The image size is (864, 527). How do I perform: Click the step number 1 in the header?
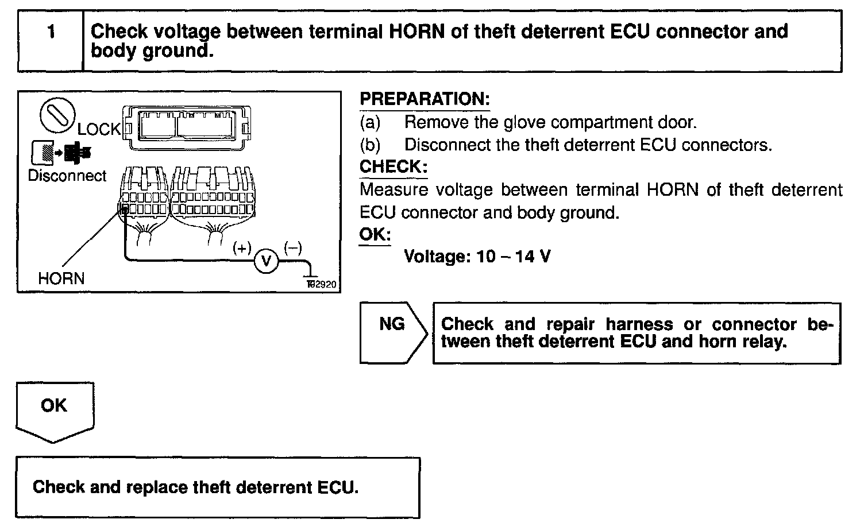pos(51,32)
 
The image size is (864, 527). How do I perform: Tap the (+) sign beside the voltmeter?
pos(242,248)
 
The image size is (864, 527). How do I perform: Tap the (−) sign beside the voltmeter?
pos(292,248)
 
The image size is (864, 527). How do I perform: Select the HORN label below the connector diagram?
pos(61,279)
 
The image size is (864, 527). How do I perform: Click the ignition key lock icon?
pos(57,114)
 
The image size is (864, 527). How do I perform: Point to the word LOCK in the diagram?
pos(99,130)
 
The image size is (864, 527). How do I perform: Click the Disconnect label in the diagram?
pos(67,176)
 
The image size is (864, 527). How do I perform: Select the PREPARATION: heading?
pos(424,99)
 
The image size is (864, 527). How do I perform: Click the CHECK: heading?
pos(394,167)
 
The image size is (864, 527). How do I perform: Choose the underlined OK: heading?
pos(375,235)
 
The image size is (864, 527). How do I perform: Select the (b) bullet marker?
pos(370,145)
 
